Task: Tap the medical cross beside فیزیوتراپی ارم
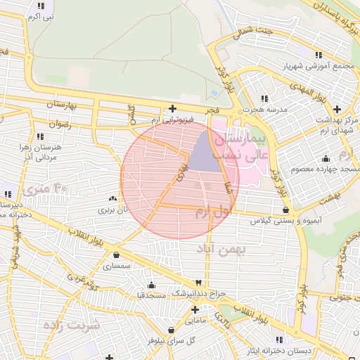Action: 173,109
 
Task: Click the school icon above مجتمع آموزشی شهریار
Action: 319,55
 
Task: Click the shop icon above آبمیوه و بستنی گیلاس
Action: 285,210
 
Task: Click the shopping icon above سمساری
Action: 115,255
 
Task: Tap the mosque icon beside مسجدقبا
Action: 151,285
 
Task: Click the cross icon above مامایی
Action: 195,309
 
